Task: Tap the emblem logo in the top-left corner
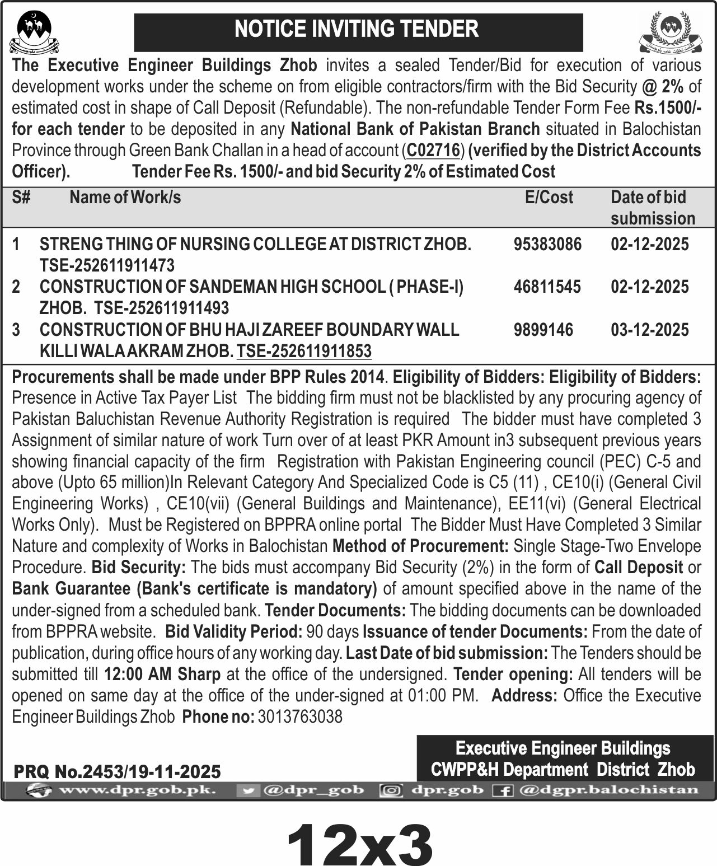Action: [34, 32]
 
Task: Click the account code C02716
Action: [433, 151]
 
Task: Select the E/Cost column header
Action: [549, 197]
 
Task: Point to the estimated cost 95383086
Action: [547, 244]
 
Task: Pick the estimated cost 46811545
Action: [547, 287]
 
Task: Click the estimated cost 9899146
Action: [543, 330]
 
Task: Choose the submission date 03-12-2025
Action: [649, 330]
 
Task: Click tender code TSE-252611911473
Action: [107, 265]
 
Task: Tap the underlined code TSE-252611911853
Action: [304, 351]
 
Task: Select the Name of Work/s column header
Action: [125, 197]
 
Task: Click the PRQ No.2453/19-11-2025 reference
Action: [117, 772]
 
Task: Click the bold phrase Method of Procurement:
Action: [420, 546]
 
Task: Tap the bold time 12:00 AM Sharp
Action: [162, 674]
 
